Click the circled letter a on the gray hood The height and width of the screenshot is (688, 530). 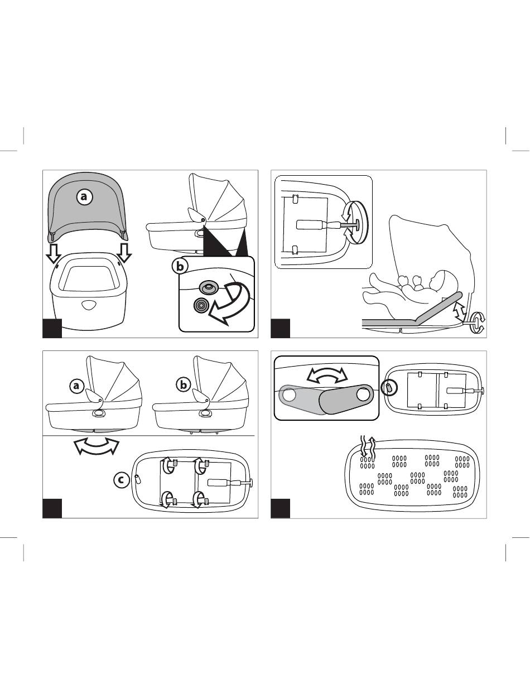click(x=84, y=196)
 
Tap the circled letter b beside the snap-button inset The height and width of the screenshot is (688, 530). click(x=180, y=266)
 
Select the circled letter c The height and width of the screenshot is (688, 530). click(x=121, y=480)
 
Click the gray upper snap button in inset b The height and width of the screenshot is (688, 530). click(x=208, y=287)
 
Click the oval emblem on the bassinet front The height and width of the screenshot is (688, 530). click(x=90, y=305)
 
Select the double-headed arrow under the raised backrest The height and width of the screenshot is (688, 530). click(x=460, y=311)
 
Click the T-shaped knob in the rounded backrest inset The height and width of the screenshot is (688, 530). click(x=349, y=224)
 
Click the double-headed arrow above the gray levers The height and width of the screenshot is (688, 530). click(x=327, y=376)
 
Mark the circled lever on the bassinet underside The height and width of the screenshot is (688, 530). click(x=389, y=387)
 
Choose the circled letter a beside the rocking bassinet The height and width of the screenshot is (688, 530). click(x=76, y=386)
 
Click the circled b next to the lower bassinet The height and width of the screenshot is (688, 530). click(x=184, y=384)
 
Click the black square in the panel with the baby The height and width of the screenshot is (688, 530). click(x=281, y=328)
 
